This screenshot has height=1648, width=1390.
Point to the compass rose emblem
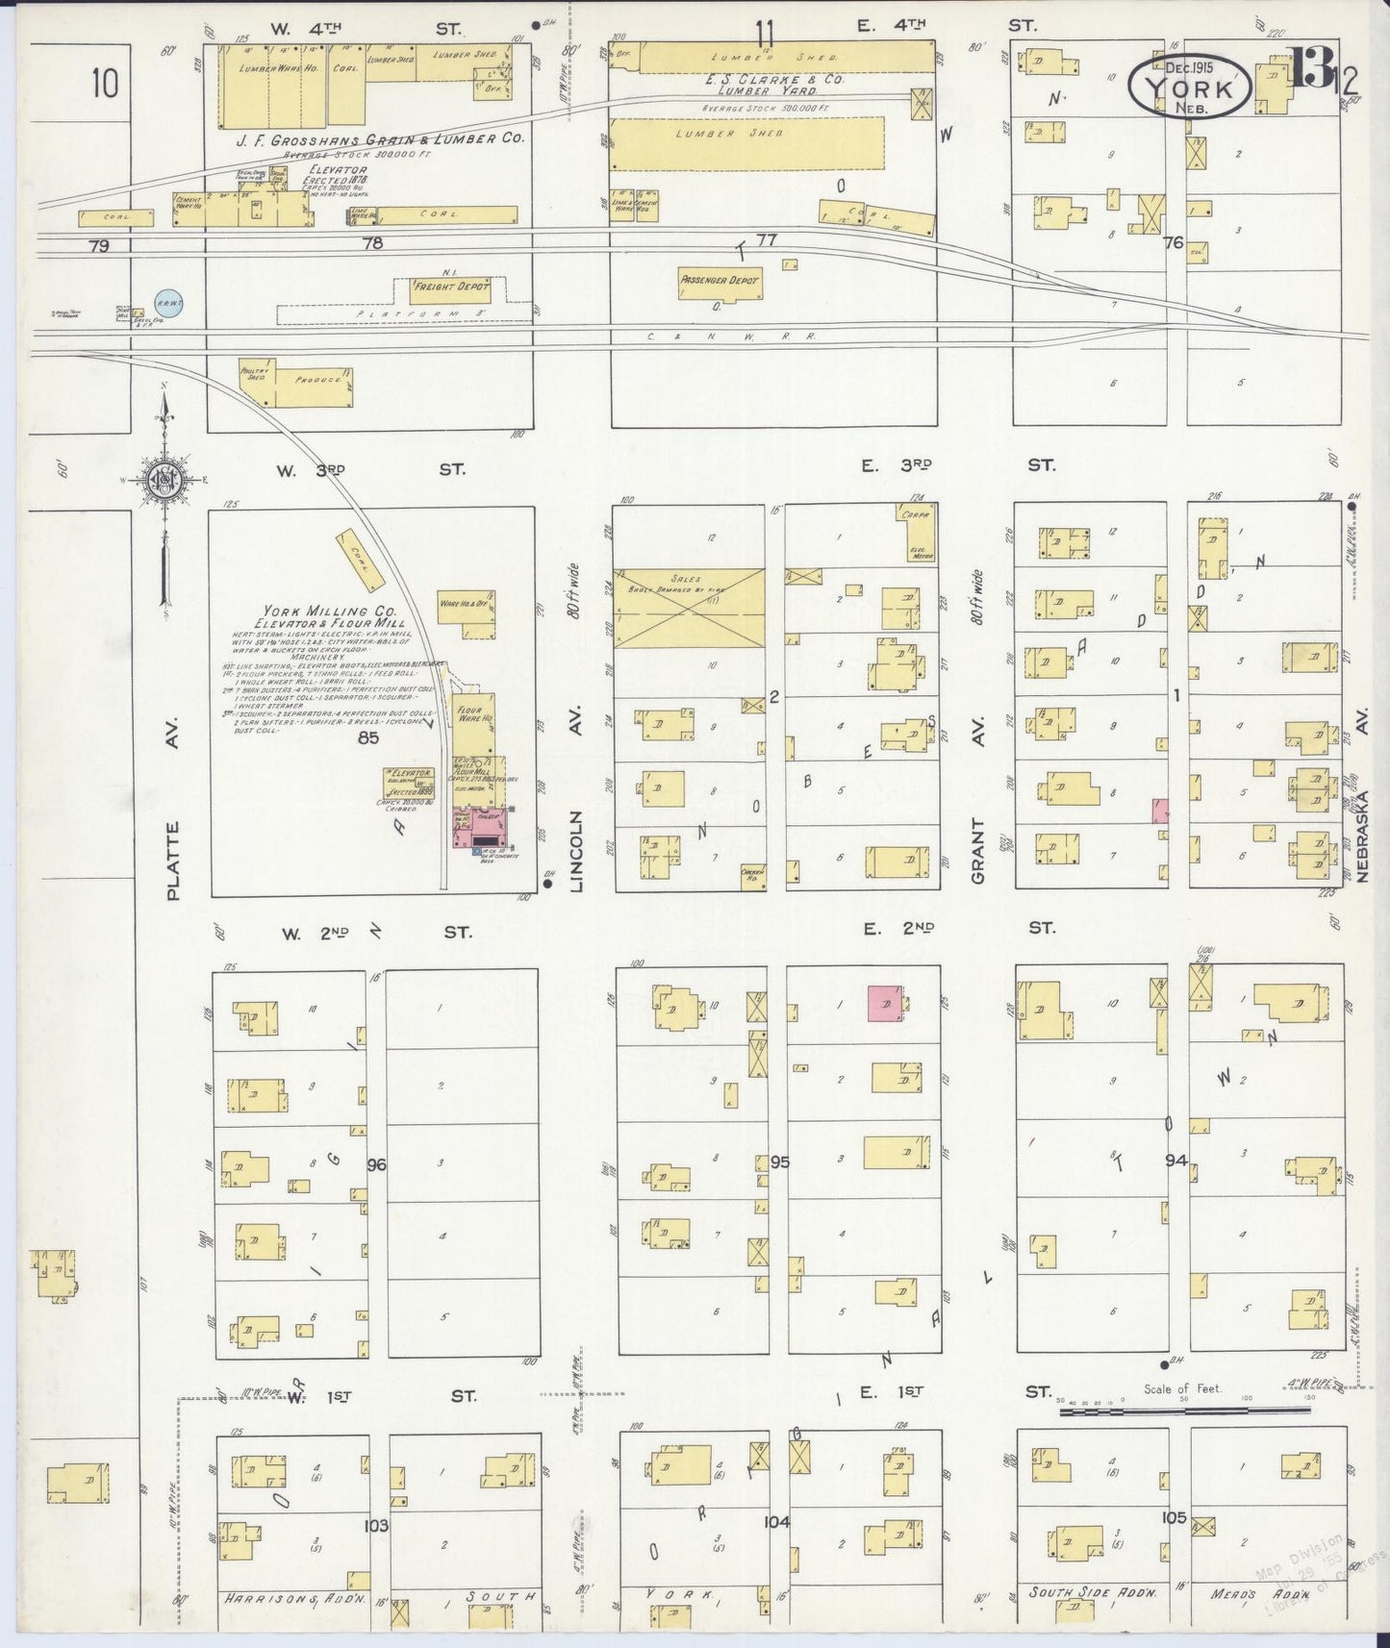click(x=165, y=479)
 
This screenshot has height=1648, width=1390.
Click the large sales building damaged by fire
click(x=689, y=607)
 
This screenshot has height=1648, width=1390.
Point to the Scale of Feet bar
click(x=1183, y=1410)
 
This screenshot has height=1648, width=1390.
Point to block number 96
click(x=376, y=1164)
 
